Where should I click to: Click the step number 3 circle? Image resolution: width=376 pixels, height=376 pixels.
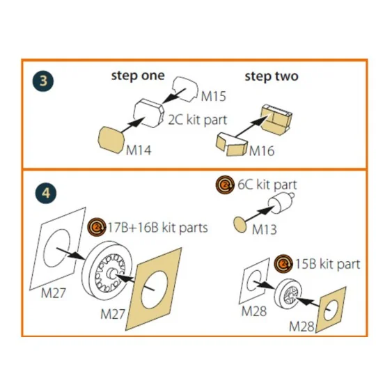[43, 81]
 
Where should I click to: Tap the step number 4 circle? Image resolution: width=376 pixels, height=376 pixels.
[46, 193]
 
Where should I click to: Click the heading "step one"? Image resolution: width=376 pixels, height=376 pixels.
[138, 77]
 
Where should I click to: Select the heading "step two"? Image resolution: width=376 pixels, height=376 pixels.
[272, 77]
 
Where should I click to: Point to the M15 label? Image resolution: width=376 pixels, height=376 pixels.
[214, 96]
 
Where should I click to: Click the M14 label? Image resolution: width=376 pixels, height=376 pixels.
[139, 150]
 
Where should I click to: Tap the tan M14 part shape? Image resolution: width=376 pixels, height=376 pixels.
[111, 140]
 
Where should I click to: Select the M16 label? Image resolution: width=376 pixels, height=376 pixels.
[262, 151]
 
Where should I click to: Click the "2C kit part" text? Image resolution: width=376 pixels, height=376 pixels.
[197, 120]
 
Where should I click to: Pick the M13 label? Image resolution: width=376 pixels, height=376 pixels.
[265, 230]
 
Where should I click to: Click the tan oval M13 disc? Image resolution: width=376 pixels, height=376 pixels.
[240, 225]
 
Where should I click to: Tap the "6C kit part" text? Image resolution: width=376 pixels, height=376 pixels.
[267, 185]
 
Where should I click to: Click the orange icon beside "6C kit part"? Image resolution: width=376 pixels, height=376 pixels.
[225, 185]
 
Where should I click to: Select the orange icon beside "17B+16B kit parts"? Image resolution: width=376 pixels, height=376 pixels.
[97, 227]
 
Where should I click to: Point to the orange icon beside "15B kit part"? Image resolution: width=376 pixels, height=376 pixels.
[283, 264]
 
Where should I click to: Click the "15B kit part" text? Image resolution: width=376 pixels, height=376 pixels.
[327, 264]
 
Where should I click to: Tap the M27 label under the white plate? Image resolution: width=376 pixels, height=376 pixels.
[53, 293]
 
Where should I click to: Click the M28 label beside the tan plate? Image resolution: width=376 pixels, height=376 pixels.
[301, 327]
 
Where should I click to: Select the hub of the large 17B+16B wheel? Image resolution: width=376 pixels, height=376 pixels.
[111, 273]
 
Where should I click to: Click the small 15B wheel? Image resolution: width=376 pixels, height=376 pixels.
[288, 294]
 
